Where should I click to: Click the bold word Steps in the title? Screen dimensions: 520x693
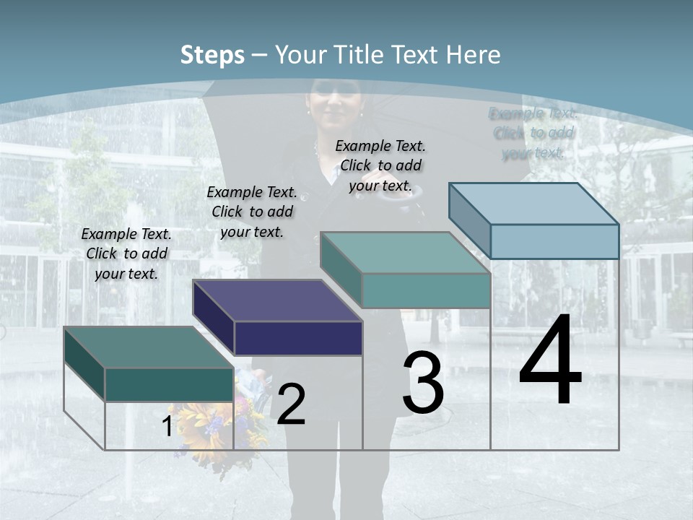(212, 55)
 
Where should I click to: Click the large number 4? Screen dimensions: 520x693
(550, 361)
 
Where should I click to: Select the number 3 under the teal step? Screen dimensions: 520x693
(423, 383)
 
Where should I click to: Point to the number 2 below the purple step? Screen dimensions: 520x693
(291, 404)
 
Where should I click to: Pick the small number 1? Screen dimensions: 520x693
(167, 426)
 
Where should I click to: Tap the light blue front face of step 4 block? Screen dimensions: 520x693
(554, 241)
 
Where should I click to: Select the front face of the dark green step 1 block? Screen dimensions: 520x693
(169, 384)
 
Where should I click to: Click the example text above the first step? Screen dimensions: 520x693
(126, 253)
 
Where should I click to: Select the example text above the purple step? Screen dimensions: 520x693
(252, 212)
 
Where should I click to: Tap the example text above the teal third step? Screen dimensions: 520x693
(380, 165)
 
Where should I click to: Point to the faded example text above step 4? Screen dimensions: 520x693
(533, 133)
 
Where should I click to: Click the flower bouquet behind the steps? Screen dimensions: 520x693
(217, 426)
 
